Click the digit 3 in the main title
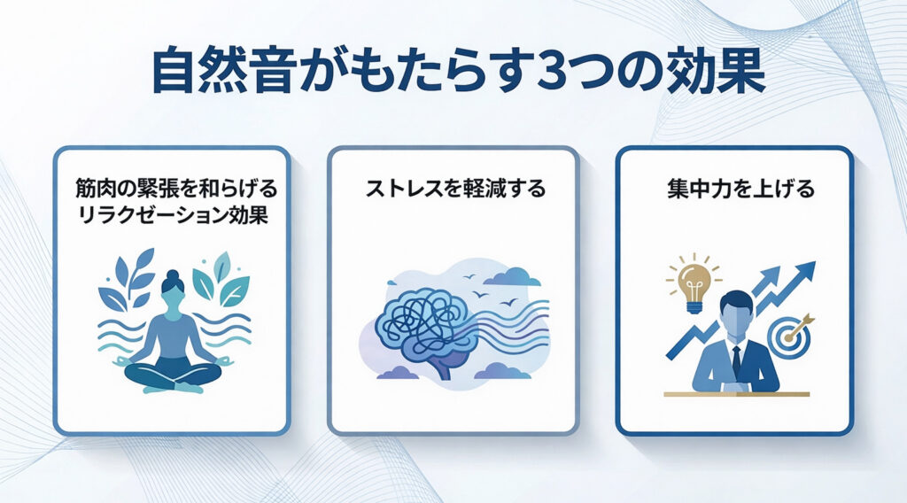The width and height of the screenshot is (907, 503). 555,74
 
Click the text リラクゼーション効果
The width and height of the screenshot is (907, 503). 173,216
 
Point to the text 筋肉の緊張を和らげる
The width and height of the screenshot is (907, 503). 176,189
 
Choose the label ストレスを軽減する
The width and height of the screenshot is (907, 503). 455,189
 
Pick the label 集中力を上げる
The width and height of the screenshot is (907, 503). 741,189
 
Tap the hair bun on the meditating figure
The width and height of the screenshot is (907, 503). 173,275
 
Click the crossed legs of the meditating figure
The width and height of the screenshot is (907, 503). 174,375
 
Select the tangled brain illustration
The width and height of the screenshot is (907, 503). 427,329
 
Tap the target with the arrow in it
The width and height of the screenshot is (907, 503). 787,336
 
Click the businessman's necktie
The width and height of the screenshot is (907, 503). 736,360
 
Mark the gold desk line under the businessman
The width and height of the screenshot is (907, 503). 736,394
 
